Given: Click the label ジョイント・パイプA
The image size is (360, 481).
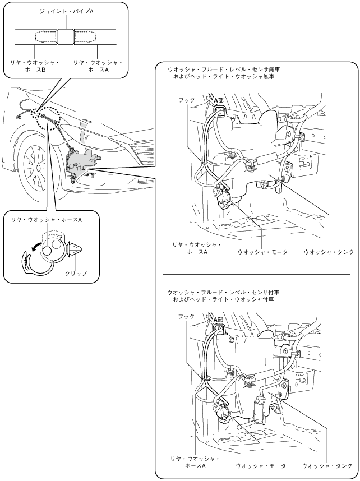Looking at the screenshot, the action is (66, 12).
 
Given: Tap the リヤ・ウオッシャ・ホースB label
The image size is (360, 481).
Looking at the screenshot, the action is (35, 66).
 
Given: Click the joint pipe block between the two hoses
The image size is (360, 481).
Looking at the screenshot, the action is (66, 37).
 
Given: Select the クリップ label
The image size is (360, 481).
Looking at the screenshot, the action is (76, 273).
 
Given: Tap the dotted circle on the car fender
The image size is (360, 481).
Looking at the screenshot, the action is (48, 118).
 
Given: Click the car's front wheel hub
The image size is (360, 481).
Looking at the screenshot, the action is (38, 168).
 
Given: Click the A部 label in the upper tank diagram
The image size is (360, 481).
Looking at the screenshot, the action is (219, 100).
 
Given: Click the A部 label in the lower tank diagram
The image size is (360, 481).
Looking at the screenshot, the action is (218, 320).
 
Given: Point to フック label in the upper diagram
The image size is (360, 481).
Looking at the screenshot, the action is (187, 100).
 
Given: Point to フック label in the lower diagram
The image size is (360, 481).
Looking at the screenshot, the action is (187, 317).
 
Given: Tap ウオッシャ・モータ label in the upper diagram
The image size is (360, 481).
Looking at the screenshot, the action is (263, 252).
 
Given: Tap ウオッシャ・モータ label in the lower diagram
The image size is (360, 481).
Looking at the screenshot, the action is (261, 466).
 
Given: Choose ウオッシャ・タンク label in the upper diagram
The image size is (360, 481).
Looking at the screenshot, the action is (329, 252).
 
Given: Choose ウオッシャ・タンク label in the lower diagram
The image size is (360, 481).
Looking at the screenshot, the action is (327, 466).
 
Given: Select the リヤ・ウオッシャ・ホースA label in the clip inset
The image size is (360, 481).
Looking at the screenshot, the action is (47, 220).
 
